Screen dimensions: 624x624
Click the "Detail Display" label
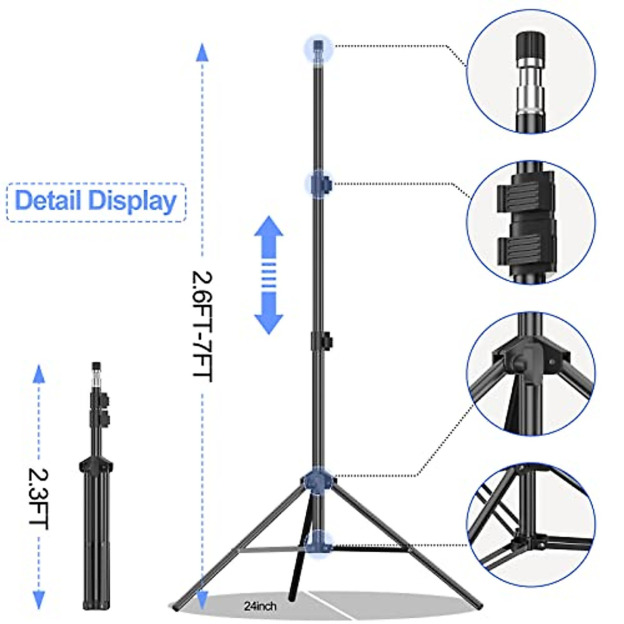point(96,201)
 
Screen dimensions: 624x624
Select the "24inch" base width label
point(260,606)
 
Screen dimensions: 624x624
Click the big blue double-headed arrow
point(268,275)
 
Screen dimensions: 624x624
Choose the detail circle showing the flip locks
point(530,223)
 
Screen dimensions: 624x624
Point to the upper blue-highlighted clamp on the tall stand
point(319,184)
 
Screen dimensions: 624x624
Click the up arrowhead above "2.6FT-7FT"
point(202,53)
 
